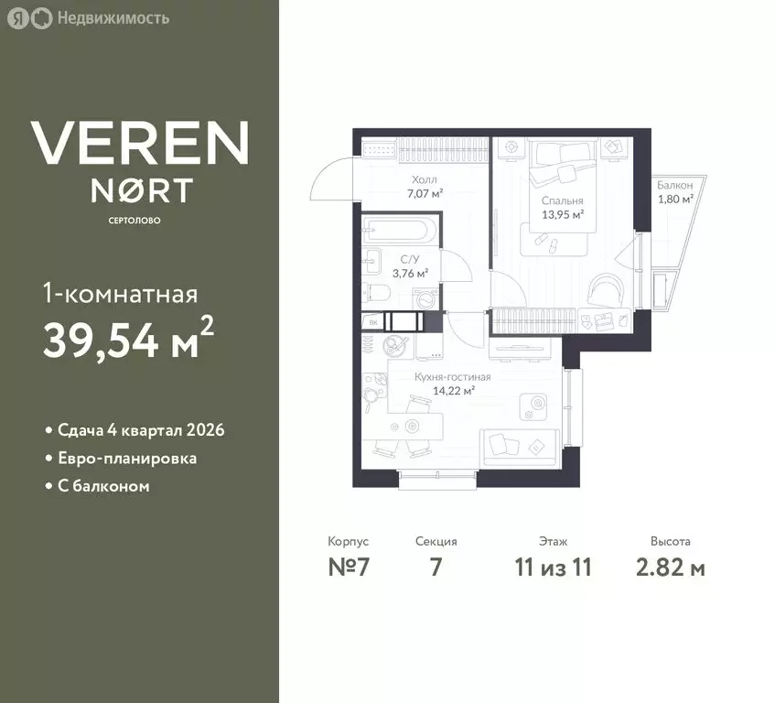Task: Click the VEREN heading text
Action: (x=140, y=143)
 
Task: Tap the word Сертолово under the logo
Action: (x=135, y=221)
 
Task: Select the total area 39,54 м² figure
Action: (x=128, y=338)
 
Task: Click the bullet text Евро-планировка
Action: (x=127, y=459)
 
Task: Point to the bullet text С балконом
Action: (x=103, y=486)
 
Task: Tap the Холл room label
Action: (x=425, y=179)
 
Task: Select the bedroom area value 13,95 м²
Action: (x=563, y=214)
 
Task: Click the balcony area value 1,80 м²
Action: (x=675, y=199)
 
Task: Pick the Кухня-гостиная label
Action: (x=453, y=377)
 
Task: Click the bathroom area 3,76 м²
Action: (x=410, y=273)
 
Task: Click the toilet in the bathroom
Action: (x=377, y=293)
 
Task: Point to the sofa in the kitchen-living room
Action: (x=521, y=447)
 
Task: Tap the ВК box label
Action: (x=373, y=323)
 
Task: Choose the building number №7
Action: (x=349, y=567)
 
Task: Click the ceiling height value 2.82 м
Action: (x=670, y=567)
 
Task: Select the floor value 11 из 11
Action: (x=553, y=567)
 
